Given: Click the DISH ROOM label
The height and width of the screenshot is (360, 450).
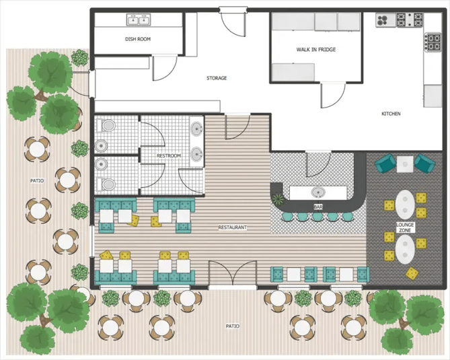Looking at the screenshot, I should tap(138, 40).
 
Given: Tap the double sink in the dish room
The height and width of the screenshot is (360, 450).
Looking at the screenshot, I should tap(138, 20).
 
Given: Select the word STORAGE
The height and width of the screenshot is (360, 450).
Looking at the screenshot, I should tap(217, 79).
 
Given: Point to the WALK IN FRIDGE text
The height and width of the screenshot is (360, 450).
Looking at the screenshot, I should tap(316, 50).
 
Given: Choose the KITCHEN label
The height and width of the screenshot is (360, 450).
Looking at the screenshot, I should tap(391, 114).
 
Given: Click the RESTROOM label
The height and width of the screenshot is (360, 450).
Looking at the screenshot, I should tap(169, 156).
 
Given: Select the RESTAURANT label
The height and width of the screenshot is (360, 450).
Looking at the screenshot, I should tap(232, 227).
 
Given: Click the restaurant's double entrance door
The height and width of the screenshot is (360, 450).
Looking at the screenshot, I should tap(232, 276).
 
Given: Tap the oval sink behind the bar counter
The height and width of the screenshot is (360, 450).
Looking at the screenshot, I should tap(315, 192).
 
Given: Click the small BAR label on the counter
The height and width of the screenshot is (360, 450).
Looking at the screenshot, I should tap(317, 207).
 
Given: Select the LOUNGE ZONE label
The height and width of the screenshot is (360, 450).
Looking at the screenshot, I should tap(406, 227).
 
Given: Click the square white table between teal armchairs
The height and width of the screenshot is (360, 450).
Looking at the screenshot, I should tap(405, 163).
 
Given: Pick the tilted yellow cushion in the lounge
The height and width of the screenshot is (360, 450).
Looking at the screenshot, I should tap(412, 273).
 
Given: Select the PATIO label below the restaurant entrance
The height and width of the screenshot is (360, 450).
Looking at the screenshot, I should tap(232, 326).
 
